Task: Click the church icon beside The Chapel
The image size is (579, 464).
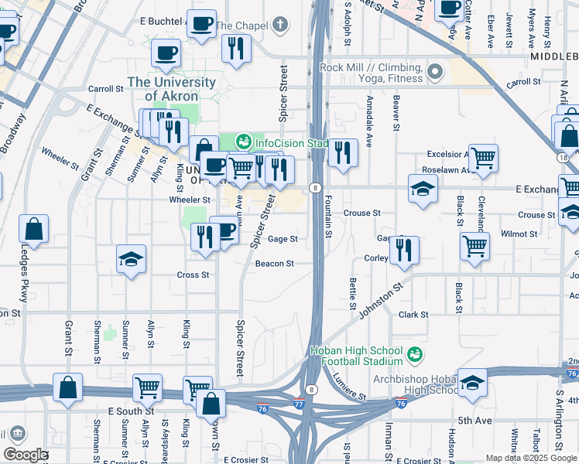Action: pos(279,26)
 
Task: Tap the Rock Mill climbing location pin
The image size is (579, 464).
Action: pos(434,73)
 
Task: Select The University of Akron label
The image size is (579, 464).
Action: pos(172,89)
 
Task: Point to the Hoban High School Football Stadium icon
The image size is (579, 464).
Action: pos(415,355)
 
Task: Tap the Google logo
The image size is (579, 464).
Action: pos(26,455)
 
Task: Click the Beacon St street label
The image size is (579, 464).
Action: pos(275,264)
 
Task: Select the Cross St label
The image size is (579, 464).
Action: pos(193,275)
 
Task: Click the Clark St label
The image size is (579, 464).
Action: pos(413,315)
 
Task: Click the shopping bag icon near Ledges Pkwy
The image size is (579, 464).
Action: pos(34,230)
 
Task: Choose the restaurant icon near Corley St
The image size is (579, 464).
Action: pos(404,251)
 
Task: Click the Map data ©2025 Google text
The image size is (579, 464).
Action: pos(530,458)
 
